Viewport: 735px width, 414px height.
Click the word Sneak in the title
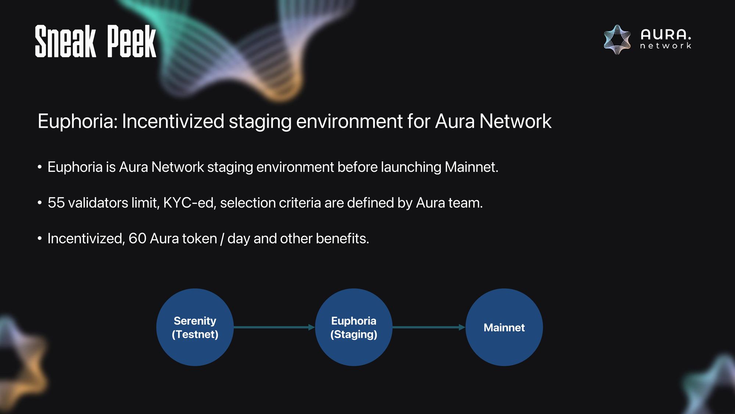(65, 41)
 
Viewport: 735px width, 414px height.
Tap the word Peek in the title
(132, 41)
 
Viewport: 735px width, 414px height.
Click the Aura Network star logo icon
(617, 40)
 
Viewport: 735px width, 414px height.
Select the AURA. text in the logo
(666, 35)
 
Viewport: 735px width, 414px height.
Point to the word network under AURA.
(666, 46)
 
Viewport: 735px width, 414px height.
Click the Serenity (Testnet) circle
(195, 327)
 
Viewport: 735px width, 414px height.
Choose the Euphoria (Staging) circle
(354, 327)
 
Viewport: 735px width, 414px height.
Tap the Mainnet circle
(504, 327)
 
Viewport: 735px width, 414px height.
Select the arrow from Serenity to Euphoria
(274, 327)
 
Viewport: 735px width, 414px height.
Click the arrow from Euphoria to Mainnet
(429, 327)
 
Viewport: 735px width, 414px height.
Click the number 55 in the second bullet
(56, 203)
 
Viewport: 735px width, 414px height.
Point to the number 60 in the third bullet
(137, 238)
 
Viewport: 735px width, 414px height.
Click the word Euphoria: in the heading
(78, 121)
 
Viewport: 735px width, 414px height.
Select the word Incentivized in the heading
(173, 121)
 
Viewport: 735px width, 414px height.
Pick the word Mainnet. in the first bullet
(472, 167)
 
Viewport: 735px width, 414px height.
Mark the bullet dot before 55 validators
(40, 203)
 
